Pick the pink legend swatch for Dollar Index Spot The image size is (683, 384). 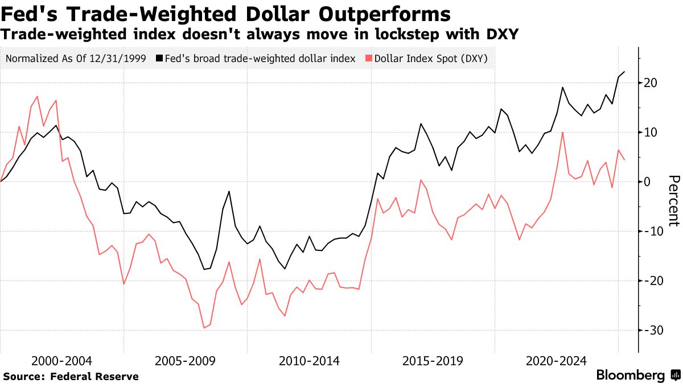click(x=368, y=59)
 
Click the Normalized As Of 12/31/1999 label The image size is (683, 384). click(x=75, y=59)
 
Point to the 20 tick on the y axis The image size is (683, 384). click(x=651, y=83)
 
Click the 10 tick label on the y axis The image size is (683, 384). click(x=651, y=133)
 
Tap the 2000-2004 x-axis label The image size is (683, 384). click(x=61, y=361)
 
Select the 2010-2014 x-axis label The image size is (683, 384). click(x=309, y=361)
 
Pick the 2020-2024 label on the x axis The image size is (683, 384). click(x=556, y=361)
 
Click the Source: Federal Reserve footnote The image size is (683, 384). click(x=71, y=376)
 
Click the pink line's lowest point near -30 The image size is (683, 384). click(x=204, y=328)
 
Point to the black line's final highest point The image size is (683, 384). click(x=624, y=72)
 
